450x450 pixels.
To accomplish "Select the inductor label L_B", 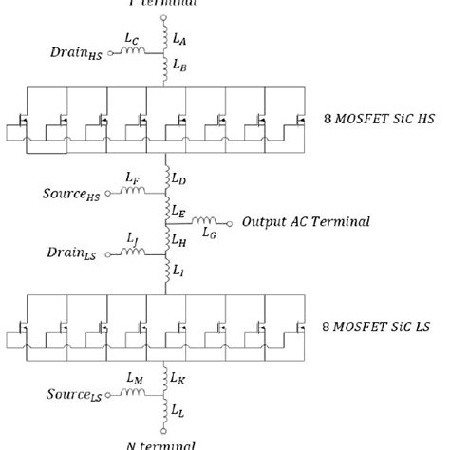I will [x=181, y=66].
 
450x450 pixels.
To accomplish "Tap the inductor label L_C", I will [x=131, y=40].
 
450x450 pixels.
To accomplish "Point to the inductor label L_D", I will [x=181, y=178].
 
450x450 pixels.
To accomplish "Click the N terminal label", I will [x=161, y=443].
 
